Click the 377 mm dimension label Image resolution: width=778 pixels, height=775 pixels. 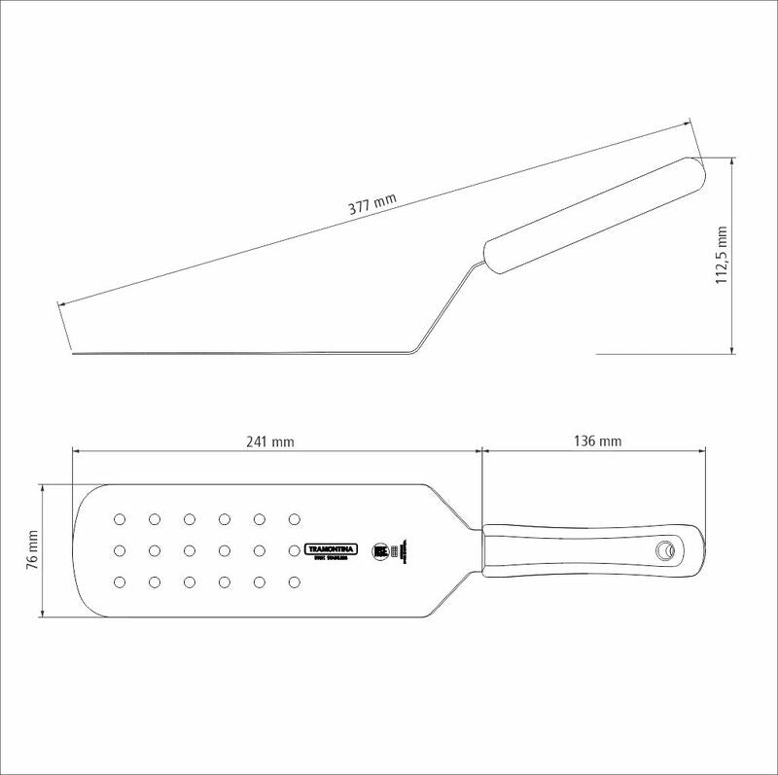372,206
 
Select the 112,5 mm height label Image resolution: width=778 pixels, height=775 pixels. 721,256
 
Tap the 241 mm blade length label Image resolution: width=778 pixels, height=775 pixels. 270,440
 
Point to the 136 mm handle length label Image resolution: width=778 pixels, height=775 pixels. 597,440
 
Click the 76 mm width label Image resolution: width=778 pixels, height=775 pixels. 31,550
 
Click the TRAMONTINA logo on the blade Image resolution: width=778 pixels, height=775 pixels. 333,549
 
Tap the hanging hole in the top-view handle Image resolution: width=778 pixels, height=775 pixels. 665,550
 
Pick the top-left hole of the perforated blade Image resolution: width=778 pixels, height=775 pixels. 120,518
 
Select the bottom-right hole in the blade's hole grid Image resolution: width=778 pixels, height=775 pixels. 294,582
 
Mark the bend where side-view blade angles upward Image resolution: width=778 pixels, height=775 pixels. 414,349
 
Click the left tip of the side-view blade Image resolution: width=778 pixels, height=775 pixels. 76,353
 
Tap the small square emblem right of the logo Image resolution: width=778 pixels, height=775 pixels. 381,550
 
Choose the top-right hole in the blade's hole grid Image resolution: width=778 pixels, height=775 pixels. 294,518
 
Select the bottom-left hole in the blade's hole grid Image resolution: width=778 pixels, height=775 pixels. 120,582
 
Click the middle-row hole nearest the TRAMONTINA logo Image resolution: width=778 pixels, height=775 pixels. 294,550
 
